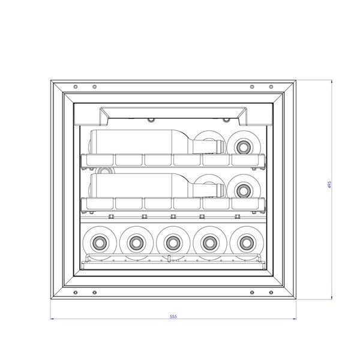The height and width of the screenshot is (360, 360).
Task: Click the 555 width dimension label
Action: pos(173,316)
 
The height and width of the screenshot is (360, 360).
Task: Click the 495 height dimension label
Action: pos(329,185)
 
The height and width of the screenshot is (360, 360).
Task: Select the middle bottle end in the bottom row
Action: pos(172,243)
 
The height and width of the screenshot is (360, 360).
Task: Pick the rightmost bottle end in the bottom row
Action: pos(245,243)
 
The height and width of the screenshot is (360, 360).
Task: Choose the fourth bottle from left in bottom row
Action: pos(209,243)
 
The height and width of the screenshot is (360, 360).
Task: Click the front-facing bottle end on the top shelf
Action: pos(244,145)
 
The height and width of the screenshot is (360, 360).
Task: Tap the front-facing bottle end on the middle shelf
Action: pos(244,190)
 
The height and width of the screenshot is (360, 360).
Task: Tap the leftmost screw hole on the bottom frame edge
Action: pos(74,293)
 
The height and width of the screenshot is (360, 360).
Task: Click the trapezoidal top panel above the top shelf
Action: pos(173,113)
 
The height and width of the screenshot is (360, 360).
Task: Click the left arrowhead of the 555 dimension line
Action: pos(52,319)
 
